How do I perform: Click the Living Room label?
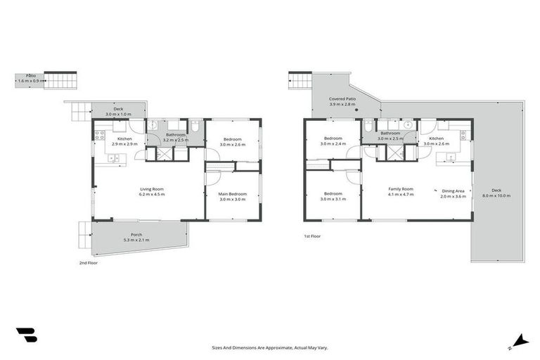click(152, 188)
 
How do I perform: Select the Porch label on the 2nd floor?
click(136, 235)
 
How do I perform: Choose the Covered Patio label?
click(342, 99)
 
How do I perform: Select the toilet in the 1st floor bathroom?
click(368, 127)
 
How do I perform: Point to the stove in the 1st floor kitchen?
click(463, 133)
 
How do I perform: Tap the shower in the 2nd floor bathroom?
click(163, 153)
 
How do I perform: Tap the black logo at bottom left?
click(26, 336)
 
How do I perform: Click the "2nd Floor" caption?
click(89, 262)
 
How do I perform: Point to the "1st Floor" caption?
click(312, 236)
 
